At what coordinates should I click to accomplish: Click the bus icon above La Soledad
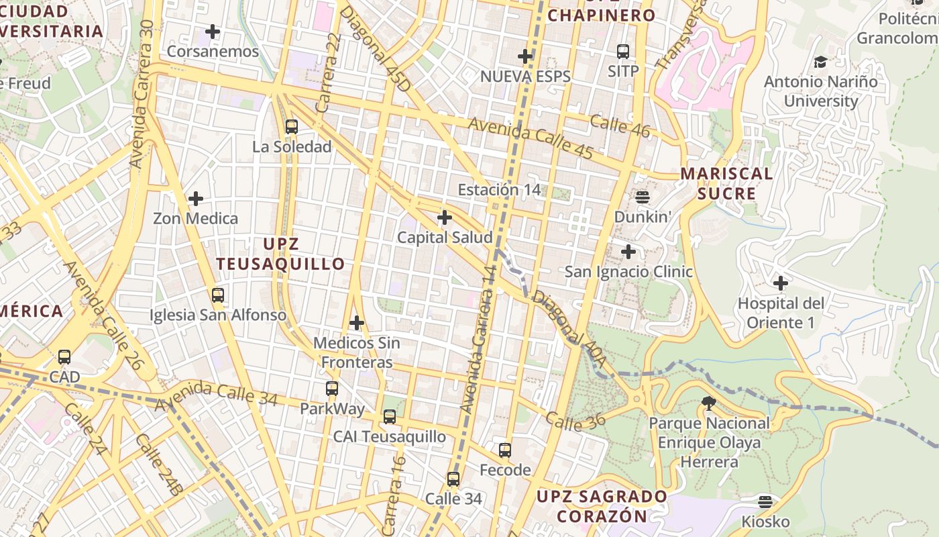coord(291,126)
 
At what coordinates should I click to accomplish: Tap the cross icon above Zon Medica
coord(196,199)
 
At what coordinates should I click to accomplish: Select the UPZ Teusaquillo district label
coord(280,254)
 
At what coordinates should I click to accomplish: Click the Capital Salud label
coord(444,238)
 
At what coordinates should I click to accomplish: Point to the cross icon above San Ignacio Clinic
coord(628,252)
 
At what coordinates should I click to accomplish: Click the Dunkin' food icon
coord(643,197)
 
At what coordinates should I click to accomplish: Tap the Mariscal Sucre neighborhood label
coord(726,183)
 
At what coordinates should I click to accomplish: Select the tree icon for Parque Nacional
coord(708,403)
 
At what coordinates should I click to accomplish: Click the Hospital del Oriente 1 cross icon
coord(781,283)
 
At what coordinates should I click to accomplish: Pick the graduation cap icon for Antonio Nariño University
coord(820,62)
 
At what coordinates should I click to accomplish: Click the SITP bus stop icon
coord(623,51)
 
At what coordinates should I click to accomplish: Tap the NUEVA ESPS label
coord(525,77)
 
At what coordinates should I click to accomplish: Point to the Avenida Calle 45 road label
coord(530,138)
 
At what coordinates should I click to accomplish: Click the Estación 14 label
coord(499,190)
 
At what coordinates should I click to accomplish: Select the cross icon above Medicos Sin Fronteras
coord(356,323)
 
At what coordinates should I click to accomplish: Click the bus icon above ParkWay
coord(332,389)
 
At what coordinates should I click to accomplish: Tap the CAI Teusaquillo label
coord(389,437)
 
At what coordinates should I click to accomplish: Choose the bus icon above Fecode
coord(505,450)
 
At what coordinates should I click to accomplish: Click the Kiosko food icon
coord(765,502)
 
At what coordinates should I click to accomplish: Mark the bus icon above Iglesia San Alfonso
coord(218,295)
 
